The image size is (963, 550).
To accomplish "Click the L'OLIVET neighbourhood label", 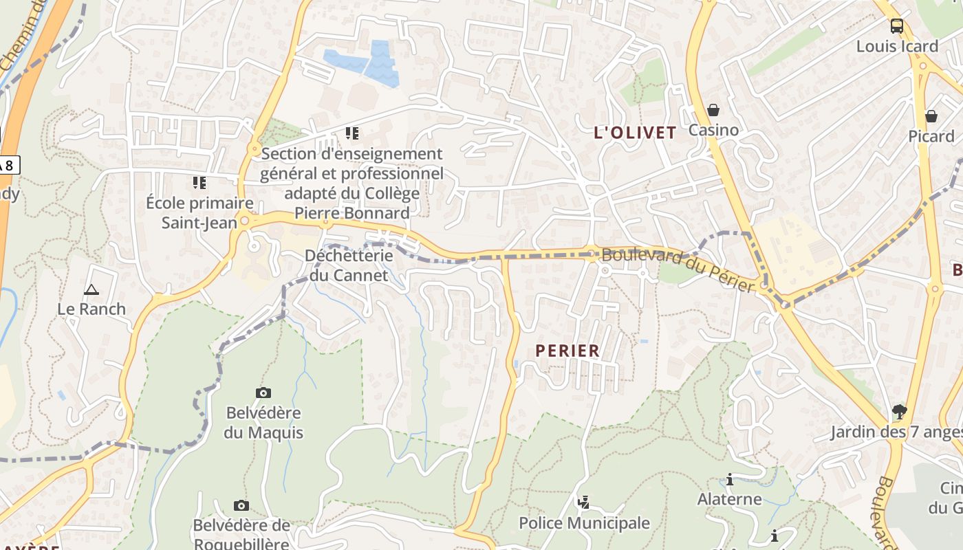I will (x=635, y=133).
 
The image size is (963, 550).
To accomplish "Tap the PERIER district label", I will (x=567, y=351).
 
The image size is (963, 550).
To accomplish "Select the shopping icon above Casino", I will (x=713, y=110).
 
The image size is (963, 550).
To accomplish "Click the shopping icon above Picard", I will (x=931, y=116).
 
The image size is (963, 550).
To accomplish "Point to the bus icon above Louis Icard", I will (x=897, y=26).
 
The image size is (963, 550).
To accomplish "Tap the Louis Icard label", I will (x=897, y=46).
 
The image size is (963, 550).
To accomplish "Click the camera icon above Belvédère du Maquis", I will (x=263, y=393).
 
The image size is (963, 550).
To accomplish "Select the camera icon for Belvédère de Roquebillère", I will (x=241, y=505).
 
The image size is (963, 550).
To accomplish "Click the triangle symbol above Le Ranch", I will (x=91, y=289).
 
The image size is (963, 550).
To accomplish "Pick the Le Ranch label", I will (x=91, y=309).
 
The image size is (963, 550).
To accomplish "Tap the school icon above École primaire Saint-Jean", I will (x=199, y=182).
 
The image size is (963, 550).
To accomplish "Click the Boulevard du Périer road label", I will (x=678, y=268).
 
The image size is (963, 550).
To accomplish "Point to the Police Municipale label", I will (x=584, y=522).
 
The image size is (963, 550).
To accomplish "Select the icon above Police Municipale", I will (x=583, y=503).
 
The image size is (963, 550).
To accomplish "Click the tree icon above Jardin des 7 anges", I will (x=898, y=412).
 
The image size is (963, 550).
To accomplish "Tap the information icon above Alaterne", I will (x=730, y=479).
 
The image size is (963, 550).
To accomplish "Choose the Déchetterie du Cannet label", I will (x=349, y=265).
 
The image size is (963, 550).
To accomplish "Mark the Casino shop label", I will (x=713, y=130).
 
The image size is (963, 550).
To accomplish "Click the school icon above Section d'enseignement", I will (x=352, y=133).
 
